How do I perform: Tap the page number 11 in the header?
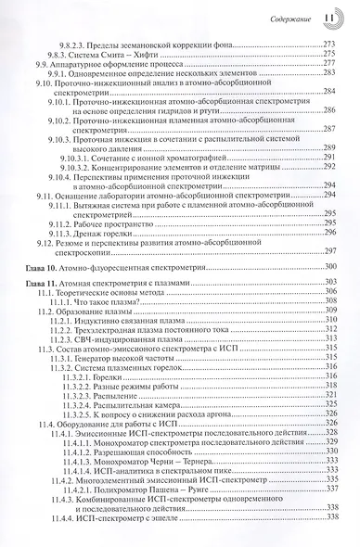(330, 17)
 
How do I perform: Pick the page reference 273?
(328, 44)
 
